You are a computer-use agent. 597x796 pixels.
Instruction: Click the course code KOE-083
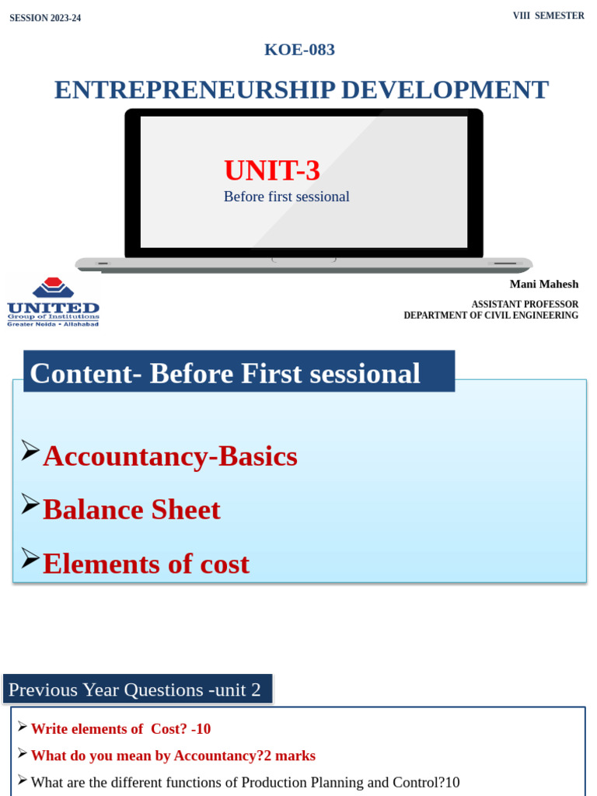click(299, 50)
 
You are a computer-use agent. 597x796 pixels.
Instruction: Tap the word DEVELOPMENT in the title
click(445, 90)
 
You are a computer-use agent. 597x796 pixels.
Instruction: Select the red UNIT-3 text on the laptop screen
click(272, 170)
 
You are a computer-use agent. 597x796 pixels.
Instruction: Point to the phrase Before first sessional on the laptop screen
click(286, 197)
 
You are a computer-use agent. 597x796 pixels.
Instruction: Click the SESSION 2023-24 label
click(45, 18)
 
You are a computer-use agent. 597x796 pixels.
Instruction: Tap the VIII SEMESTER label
click(548, 16)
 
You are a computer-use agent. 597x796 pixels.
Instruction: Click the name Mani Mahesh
click(543, 285)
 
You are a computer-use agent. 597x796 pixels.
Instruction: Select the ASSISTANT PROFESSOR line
click(525, 304)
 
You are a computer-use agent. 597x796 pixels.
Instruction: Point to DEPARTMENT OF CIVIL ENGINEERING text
click(491, 316)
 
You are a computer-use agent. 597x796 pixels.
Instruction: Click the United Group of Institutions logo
click(53, 302)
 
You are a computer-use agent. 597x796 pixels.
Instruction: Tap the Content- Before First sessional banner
click(225, 374)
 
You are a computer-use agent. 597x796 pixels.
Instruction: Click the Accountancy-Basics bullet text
click(170, 456)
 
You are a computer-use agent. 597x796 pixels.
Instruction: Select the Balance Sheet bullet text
click(131, 510)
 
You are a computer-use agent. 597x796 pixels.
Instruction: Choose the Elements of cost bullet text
click(146, 564)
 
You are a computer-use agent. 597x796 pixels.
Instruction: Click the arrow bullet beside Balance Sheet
click(30, 504)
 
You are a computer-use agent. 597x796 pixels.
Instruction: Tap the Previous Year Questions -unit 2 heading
click(134, 690)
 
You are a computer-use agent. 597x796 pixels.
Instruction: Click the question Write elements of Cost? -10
click(120, 729)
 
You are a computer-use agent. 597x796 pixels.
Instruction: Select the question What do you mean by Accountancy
click(173, 756)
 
